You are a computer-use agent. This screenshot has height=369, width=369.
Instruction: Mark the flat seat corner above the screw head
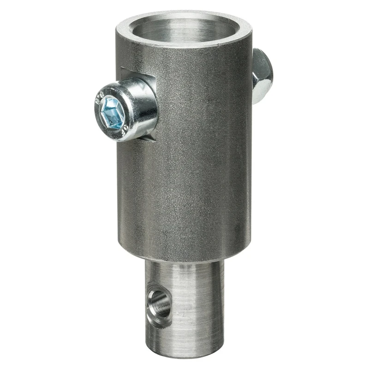(x=124, y=70)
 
